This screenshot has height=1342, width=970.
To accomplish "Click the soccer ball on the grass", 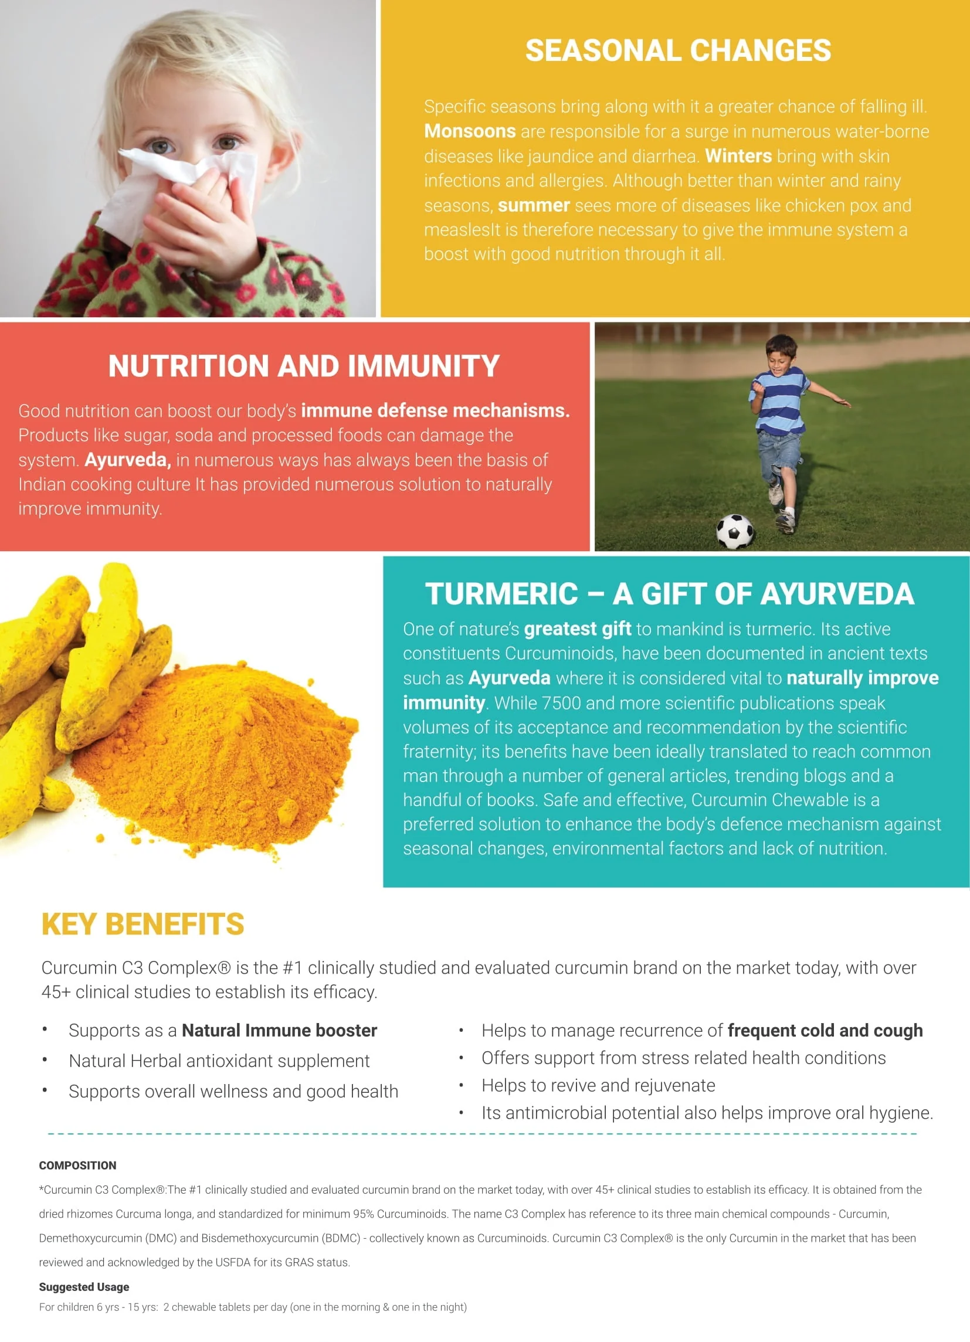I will click(x=735, y=531).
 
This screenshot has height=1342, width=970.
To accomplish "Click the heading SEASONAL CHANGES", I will click(x=678, y=50).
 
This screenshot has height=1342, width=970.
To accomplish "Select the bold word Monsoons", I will click(x=470, y=131).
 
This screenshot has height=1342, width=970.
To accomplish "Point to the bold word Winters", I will click(x=738, y=156).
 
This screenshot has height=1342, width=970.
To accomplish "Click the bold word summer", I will click(x=533, y=205).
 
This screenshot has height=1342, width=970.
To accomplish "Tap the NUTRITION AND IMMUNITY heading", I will click(x=304, y=366).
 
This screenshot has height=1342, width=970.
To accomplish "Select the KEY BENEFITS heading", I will click(x=143, y=924).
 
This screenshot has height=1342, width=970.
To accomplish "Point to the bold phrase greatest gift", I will click(x=578, y=629).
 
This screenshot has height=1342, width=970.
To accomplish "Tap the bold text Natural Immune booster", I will click(x=279, y=1031).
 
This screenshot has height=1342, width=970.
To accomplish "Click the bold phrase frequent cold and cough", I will click(x=825, y=1031).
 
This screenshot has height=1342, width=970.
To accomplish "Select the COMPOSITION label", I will click(x=77, y=1166).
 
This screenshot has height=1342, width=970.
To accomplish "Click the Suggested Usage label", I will click(x=84, y=1287).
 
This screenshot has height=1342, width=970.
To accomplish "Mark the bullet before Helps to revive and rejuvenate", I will click(x=461, y=1085).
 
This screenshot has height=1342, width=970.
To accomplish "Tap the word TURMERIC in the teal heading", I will click(x=501, y=594).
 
